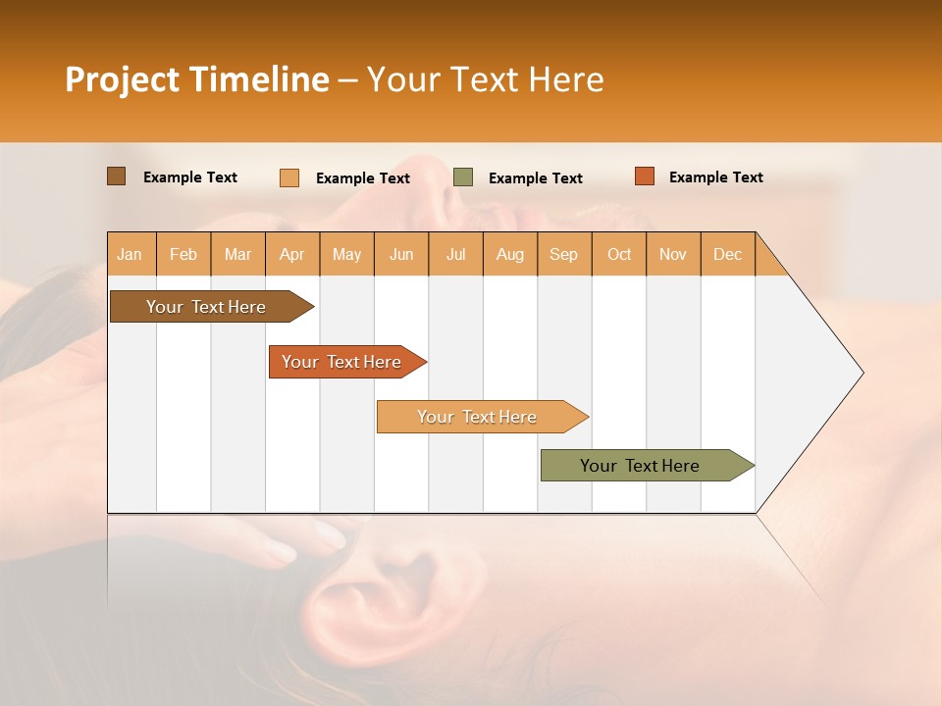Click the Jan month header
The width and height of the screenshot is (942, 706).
click(x=130, y=254)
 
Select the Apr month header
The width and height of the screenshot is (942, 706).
click(x=291, y=254)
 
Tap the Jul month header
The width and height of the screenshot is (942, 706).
click(x=455, y=254)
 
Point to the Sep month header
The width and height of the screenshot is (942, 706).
click(x=563, y=254)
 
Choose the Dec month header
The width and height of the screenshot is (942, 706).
click(x=727, y=254)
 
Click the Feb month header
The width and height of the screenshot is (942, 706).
click(x=183, y=254)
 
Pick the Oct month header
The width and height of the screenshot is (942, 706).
click(x=619, y=254)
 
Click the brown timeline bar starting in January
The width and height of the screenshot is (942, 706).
click(x=206, y=307)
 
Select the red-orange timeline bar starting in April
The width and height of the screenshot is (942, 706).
click(x=341, y=362)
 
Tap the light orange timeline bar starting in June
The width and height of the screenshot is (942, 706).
click(x=477, y=417)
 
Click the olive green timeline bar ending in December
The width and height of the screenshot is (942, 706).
click(x=640, y=466)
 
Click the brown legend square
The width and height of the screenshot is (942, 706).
click(x=117, y=176)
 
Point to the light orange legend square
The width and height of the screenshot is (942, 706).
click(x=289, y=177)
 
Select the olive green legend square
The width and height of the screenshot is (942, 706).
click(x=463, y=177)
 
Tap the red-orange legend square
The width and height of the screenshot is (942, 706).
click(x=644, y=176)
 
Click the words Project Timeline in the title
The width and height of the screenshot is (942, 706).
click(x=196, y=79)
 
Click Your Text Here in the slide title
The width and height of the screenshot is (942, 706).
click(x=485, y=79)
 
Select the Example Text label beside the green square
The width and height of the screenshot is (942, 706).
click(x=535, y=178)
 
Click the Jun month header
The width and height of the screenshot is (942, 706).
click(x=401, y=254)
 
